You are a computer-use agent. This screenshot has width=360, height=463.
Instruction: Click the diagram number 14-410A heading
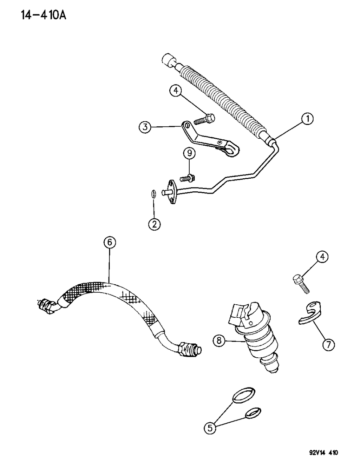click(44, 16)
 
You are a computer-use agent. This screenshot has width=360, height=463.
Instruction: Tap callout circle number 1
click(307, 119)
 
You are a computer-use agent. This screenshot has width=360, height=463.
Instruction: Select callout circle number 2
click(154, 224)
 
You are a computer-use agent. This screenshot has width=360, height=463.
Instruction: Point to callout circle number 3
click(145, 127)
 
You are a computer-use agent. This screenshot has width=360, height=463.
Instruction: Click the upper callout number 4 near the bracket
click(176, 91)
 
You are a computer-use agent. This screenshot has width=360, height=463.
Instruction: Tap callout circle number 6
click(110, 243)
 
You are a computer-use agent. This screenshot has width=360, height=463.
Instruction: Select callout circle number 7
click(328, 345)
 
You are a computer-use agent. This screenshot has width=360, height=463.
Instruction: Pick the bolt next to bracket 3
click(204, 119)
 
